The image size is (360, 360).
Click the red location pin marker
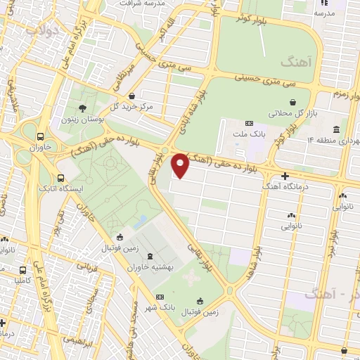(x=180, y=165)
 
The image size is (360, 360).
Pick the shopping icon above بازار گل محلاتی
(x=292, y=102)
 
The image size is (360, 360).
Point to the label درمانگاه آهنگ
(x=284, y=186)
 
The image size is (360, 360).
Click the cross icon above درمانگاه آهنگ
(x=284, y=176)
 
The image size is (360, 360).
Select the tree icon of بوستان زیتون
(x=83, y=108)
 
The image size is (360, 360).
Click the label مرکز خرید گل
(x=132, y=106)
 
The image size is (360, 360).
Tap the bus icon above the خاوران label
(x=41, y=137)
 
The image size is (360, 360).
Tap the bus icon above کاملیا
(x=24, y=269)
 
